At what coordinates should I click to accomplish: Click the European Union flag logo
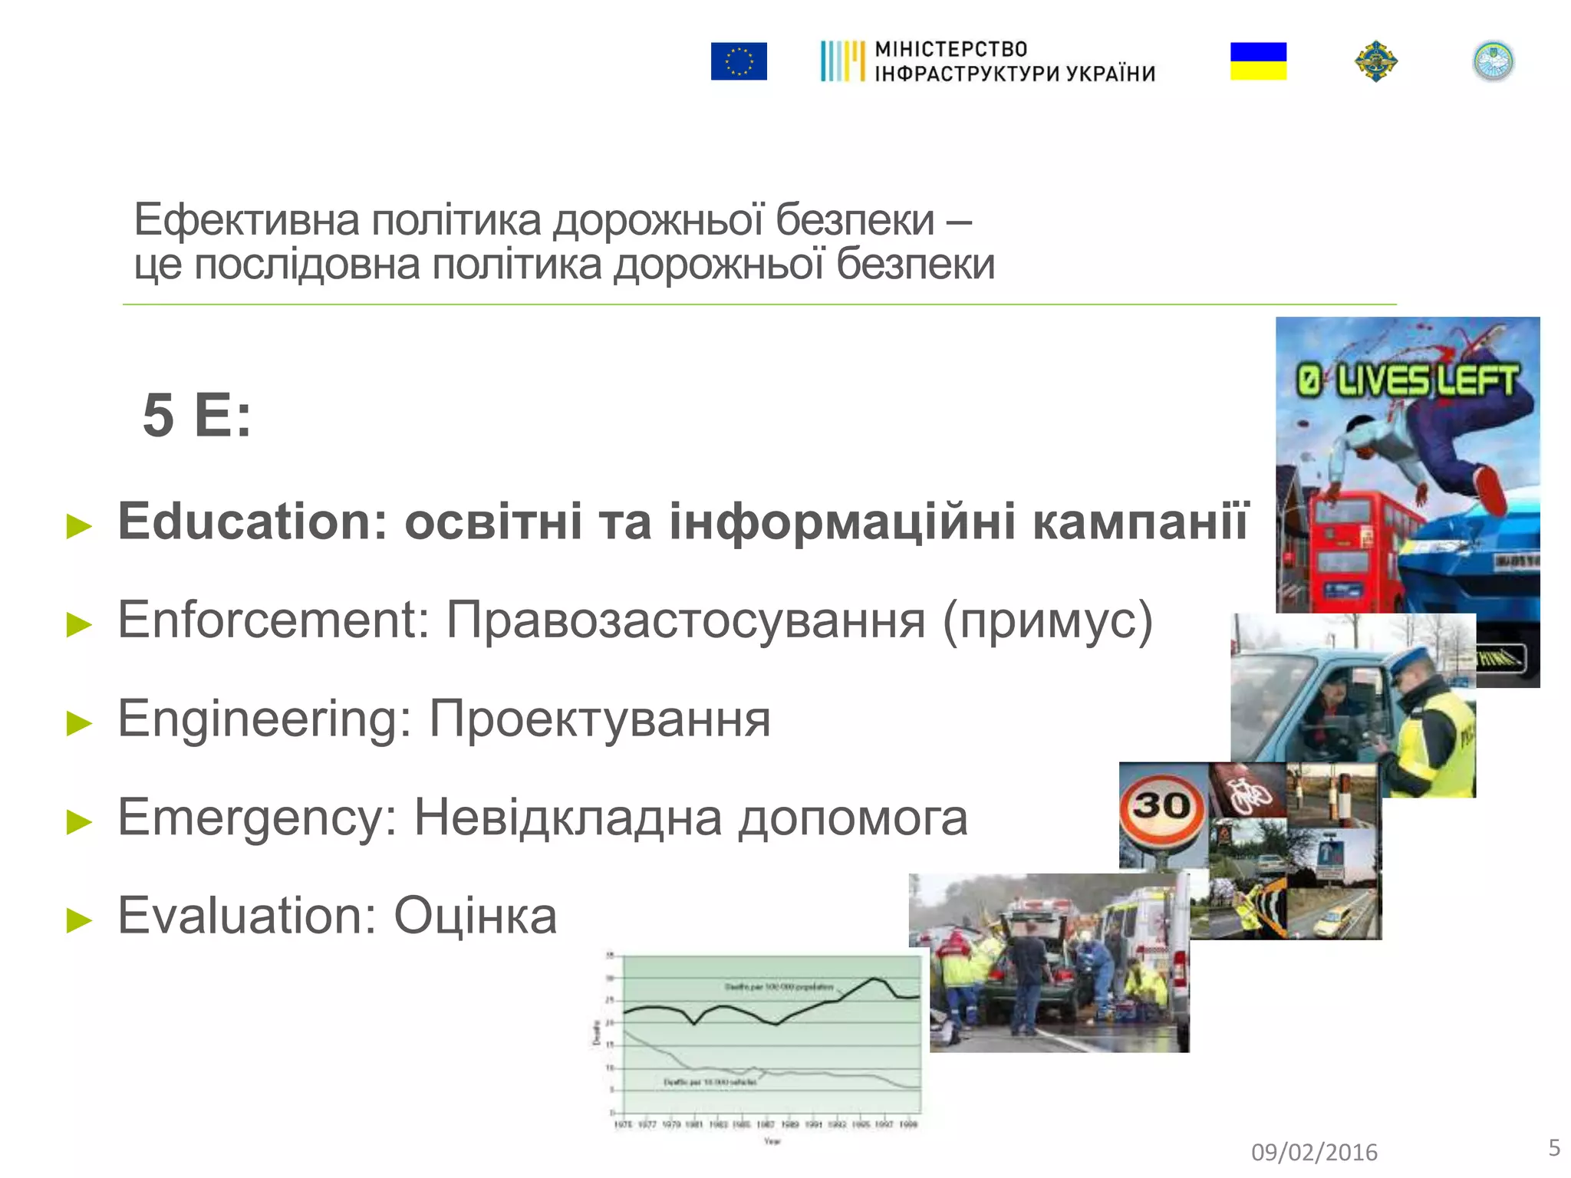[738, 61]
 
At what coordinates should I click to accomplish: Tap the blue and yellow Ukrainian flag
[1258, 61]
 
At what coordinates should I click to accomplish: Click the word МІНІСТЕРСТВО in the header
[950, 49]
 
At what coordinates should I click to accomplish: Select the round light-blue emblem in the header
[1493, 61]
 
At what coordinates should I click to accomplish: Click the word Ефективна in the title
[246, 220]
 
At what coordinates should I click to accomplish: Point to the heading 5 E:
[196, 416]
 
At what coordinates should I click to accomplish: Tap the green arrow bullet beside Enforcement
[79, 624]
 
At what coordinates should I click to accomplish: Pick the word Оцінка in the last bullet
[475, 916]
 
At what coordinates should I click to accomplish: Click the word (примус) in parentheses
[1047, 621]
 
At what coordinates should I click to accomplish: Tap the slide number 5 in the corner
[1553, 1147]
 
